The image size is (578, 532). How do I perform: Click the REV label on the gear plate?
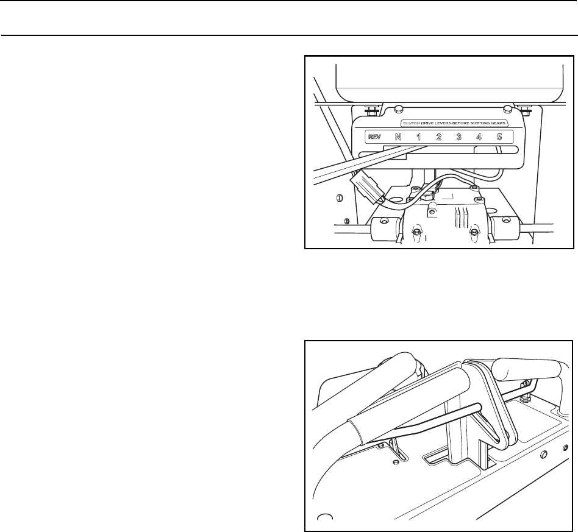[374, 137]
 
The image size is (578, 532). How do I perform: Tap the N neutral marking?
[398, 137]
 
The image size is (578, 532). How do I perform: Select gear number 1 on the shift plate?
[419, 137]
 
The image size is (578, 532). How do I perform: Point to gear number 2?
[439, 137]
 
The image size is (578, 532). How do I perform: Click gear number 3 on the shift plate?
[459, 137]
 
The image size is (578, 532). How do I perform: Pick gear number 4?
[479, 137]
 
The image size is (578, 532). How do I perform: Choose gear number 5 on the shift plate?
[499, 137]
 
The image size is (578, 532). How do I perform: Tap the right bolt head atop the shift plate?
[507, 109]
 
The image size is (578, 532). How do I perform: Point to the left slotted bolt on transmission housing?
[416, 232]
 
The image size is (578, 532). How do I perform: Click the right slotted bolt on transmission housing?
[473, 232]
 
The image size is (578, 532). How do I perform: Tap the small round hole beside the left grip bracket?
[396, 462]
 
